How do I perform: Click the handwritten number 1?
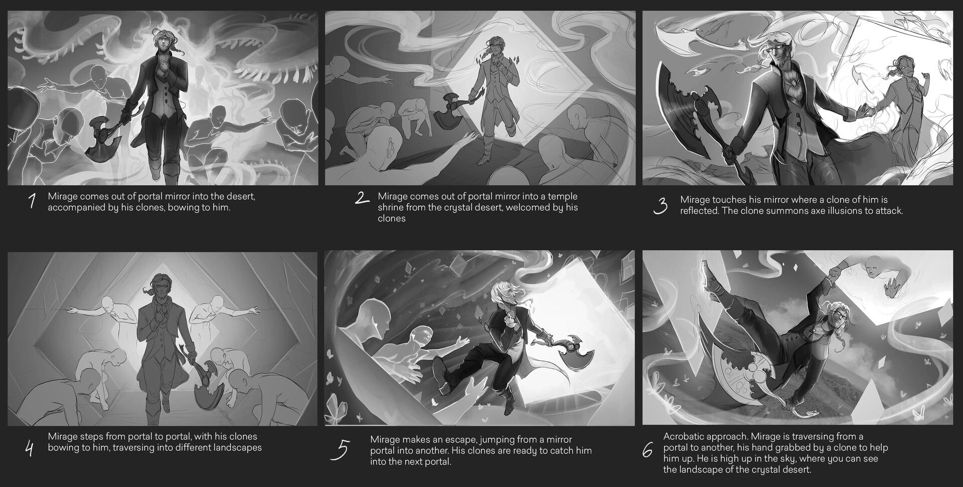32,201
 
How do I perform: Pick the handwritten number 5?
340,450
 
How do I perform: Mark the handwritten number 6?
648,451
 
